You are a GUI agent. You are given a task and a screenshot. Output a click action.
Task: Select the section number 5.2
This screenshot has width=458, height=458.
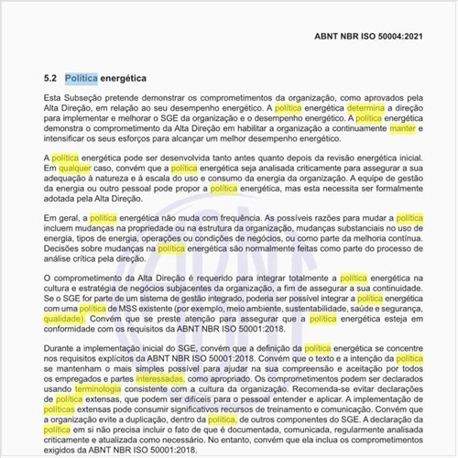(50, 79)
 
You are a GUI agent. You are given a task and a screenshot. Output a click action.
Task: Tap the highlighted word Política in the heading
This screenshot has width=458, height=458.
(82, 79)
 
